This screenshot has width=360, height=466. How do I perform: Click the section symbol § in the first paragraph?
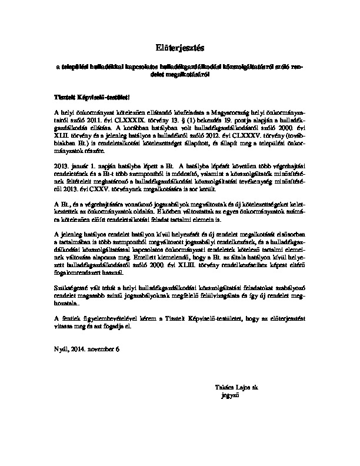[176, 118]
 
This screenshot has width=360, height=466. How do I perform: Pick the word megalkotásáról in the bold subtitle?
[188, 75]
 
